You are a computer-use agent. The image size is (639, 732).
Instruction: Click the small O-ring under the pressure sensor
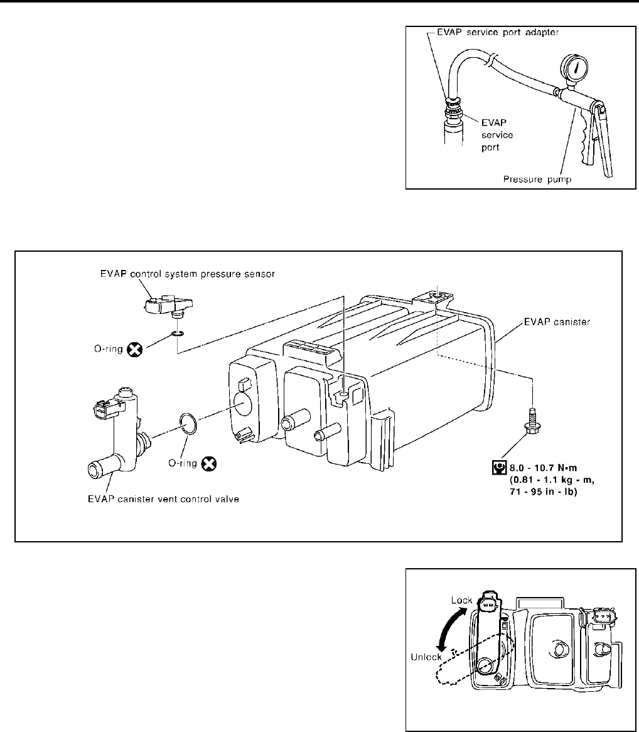point(178,334)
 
